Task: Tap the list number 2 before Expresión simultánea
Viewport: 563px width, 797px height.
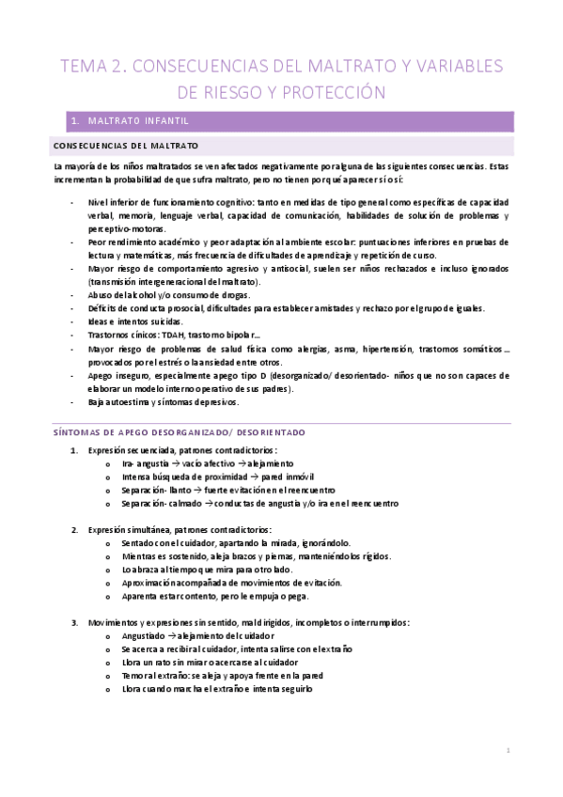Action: pyautogui.click(x=75, y=530)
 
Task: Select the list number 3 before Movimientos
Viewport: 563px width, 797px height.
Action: pyautogui.click(x=75, y=622)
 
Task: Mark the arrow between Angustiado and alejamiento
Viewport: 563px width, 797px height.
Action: pyautogui.click(x=173, y=635)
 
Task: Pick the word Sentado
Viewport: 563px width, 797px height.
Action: pyautogui.click(x=139, y=543)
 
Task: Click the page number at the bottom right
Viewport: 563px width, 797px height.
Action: pyautogui.click(x=508, y=752)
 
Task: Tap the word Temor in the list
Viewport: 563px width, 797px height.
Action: pyautogui.click(x=135, y=675)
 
